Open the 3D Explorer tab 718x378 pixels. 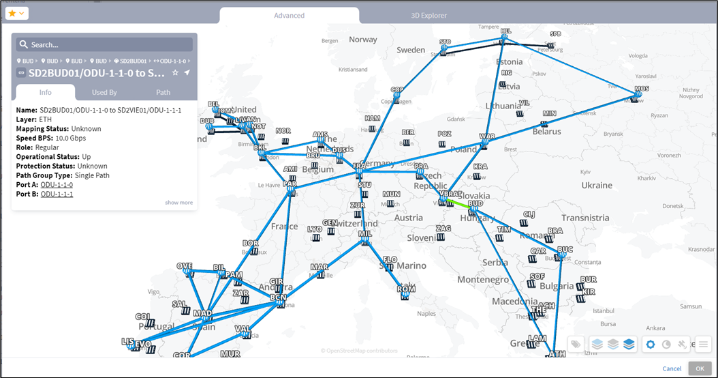pos(429,15)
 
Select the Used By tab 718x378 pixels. pos(104,92)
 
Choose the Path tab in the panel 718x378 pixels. pos(163,92)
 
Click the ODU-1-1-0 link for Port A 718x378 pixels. pos(57,185)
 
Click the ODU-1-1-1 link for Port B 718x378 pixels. pos(57,194)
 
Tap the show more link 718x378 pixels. pos(178,203)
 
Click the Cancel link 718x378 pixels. pos(672,368)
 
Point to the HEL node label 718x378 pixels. pos(505,31)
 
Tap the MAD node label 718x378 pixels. pos(202,313)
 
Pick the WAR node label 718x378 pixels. pos(487,136)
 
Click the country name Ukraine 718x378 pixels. pos(596,185)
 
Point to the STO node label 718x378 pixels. pos(446,42)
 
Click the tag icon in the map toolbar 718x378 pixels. pos(576,345)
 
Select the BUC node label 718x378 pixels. pos(565,250)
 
